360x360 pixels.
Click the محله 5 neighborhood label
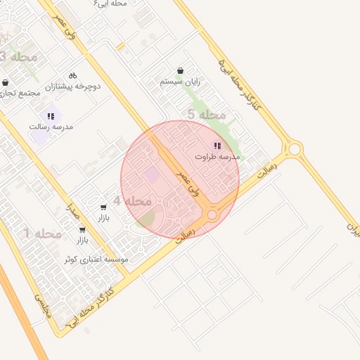click(207, 115)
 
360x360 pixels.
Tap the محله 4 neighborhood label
click(132, 201)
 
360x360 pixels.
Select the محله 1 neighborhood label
click(42, 233)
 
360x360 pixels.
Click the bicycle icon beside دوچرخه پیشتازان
click(73, 75)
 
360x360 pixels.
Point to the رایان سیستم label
click(180, 82)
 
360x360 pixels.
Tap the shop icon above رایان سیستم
click(181, 70)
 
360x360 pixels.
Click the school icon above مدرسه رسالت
click(51, 115)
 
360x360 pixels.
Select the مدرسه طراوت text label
click(217, 157)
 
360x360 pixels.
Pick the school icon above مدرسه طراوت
click(217, 146)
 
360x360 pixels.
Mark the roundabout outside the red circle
click(294, 149)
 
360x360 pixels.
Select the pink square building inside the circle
click(152, 174)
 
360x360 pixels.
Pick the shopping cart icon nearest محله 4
click(104, 207)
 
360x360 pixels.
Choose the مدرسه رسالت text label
click(51, 127)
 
